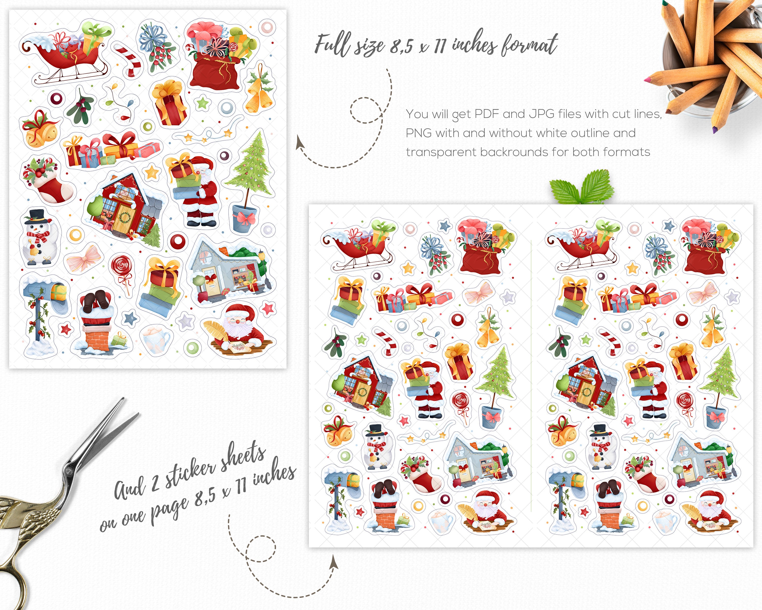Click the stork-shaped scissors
53,495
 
